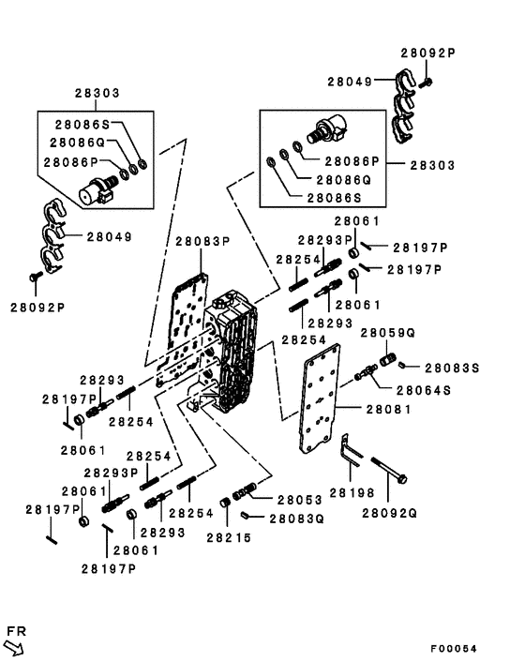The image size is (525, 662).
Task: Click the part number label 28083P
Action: click(203, 242)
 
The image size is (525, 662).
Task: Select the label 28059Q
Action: click(388, 333)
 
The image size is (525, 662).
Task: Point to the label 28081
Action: click(388, 410)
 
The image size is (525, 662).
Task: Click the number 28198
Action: click(352, 492)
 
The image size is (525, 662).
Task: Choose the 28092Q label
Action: click(389, 514)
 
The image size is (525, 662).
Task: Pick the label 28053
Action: click(300, 500)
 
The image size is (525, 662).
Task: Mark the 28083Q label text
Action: click(297, 519)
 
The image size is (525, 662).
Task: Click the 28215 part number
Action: click(229, 538)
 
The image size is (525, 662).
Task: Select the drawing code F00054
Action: click(454, 649)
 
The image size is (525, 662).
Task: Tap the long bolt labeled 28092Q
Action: click(389, 470)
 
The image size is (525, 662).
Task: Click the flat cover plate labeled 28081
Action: click(319, 399)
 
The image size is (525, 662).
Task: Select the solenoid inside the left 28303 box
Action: click(97, 190)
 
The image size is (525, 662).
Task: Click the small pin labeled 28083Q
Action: click(246, 515)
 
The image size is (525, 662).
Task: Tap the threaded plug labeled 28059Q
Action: click(387, 360)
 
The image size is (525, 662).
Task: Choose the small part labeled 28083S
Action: click(402, 365)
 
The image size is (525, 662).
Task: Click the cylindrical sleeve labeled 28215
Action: click(225, 503)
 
